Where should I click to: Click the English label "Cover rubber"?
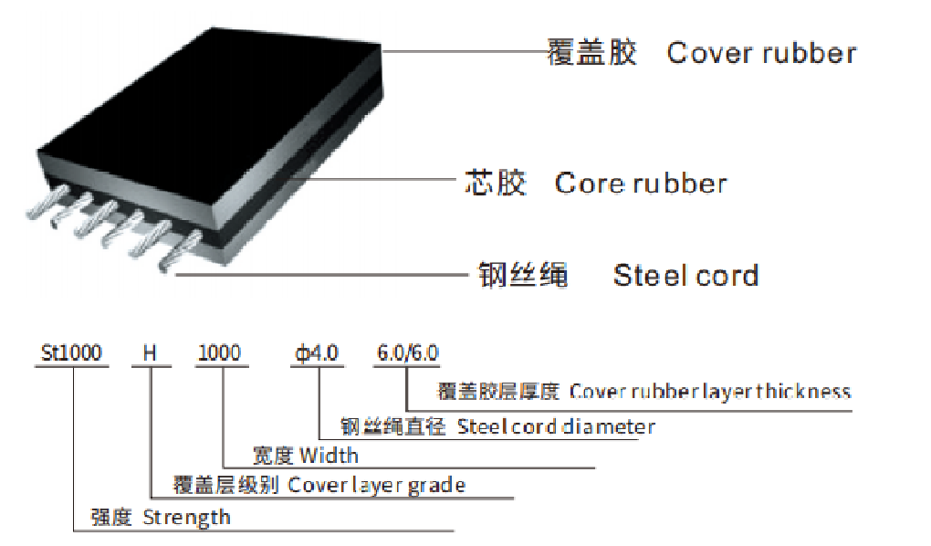(761, 53)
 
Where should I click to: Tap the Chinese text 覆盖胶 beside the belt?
(591, 52)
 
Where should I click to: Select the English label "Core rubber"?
(641, 184)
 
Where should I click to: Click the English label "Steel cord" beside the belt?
(685, 275)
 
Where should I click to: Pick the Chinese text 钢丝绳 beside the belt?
(524, 275)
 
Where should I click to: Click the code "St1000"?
(72, 352)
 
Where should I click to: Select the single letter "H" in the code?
(151, 352)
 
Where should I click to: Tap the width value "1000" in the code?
(220, 352)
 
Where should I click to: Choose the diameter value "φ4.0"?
(315, 352)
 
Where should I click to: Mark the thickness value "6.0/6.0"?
(408, 352)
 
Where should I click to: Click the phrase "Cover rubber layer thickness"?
(710, 392)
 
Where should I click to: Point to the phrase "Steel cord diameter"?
(556, 426)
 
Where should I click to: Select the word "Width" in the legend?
(329, 455)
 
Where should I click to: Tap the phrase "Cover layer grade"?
(376, 485)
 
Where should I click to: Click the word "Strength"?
(186, 518)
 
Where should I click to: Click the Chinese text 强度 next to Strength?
(111, 518)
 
